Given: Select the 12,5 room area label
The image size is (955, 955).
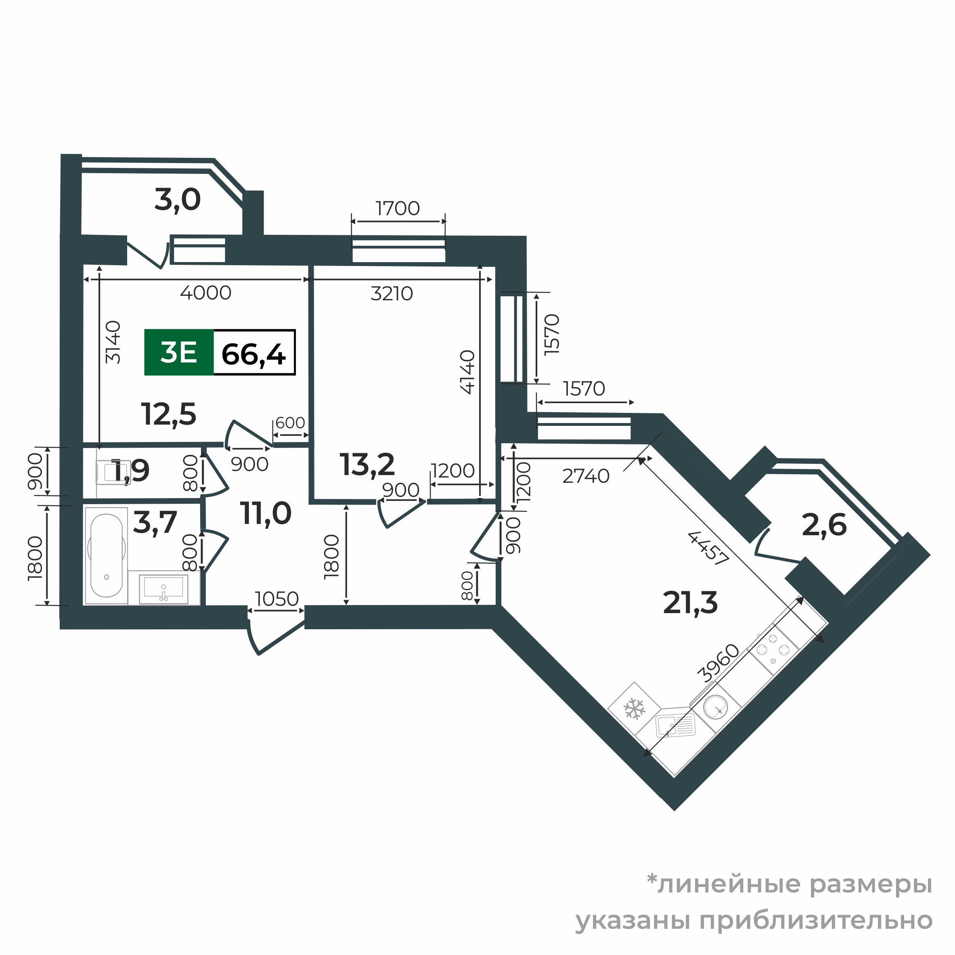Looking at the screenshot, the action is pos(169,414).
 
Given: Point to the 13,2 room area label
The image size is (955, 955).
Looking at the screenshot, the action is pos(367,465).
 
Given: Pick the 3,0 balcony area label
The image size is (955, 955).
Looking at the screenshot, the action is pos(178,200).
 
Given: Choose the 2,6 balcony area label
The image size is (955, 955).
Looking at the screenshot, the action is pos(824,525).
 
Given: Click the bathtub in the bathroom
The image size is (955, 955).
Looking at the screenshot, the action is pos(106,556).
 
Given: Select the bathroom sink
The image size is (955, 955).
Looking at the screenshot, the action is pos(163,588).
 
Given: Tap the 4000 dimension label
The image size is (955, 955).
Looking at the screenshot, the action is pos(205,293).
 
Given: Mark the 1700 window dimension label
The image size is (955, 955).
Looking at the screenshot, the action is pos(398,209).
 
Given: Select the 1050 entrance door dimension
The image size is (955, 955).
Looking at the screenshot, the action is pos(277,599).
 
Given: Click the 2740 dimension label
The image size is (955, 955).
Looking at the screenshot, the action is pos(586,476).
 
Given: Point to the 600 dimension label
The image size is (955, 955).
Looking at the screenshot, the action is pos(290,423).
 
